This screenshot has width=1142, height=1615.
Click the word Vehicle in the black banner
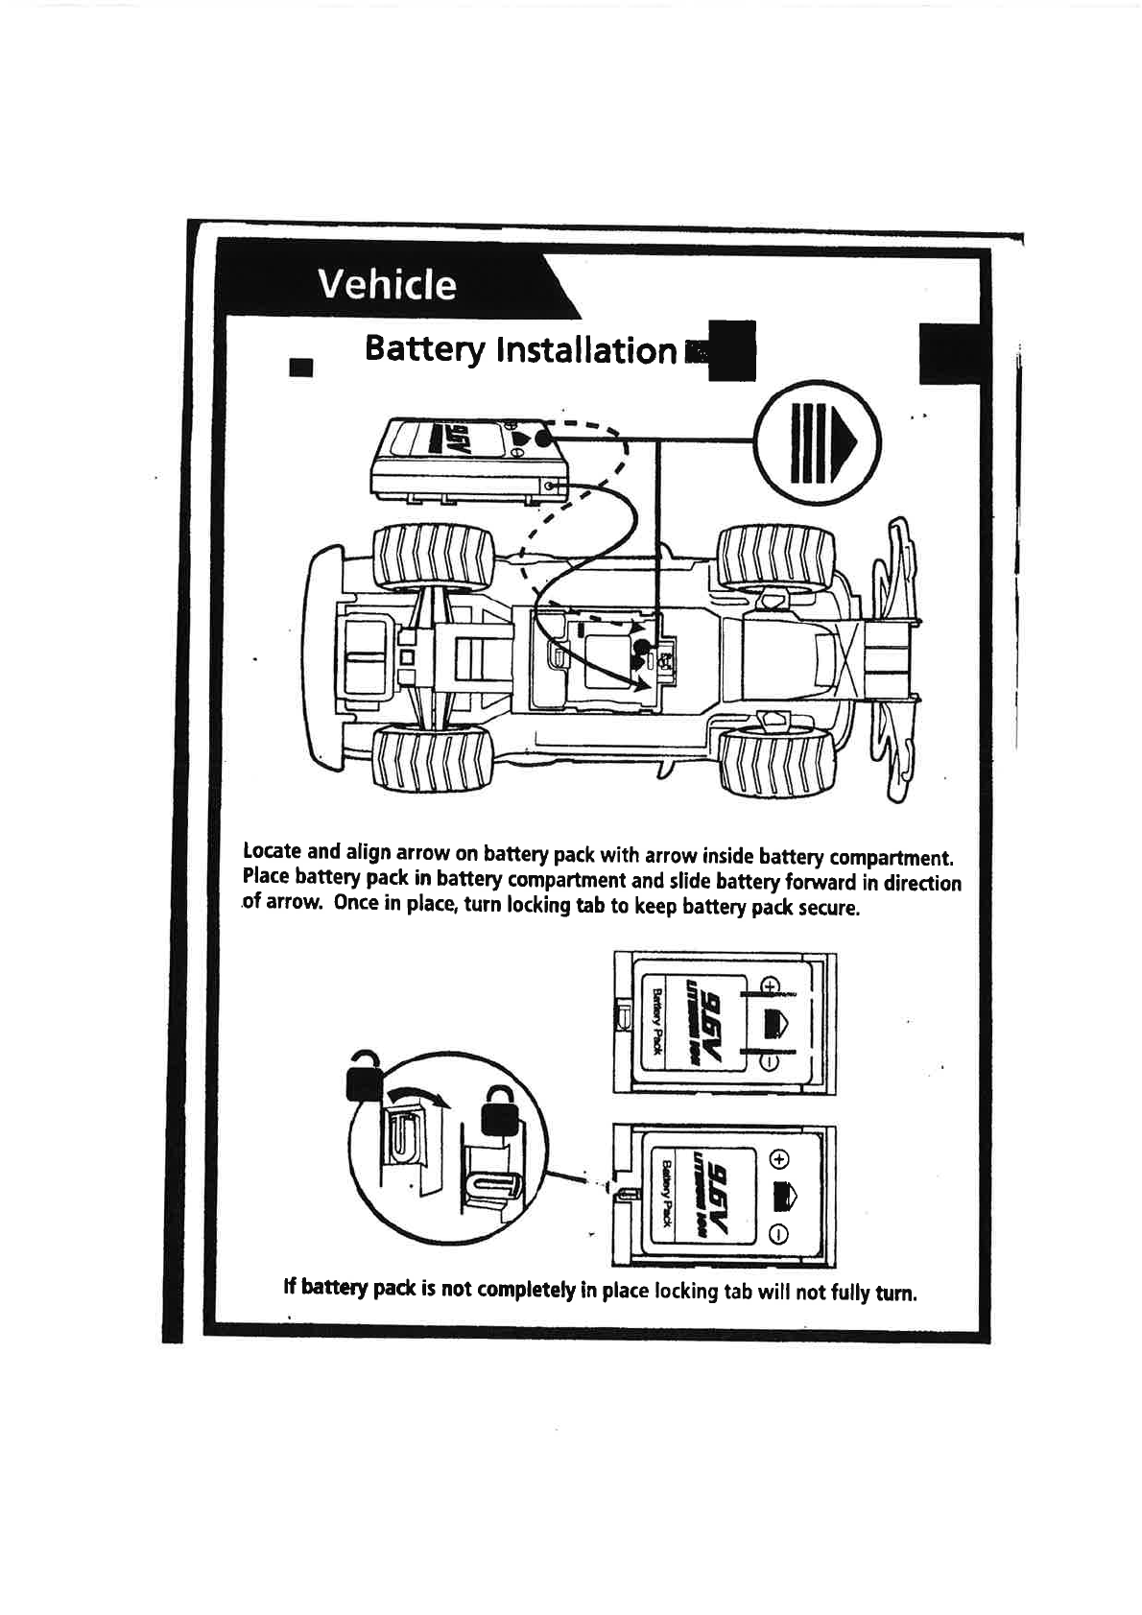click(x=387, y=284)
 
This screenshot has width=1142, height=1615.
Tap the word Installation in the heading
click(x=586, y=350)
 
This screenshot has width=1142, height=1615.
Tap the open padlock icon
click(x=364, y=1074)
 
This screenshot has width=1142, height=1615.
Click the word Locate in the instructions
click(x=273, y=851)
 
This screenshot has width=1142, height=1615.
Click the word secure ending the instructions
click(x=828, y=908)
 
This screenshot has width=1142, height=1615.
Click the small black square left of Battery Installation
click(x=301, y=368)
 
